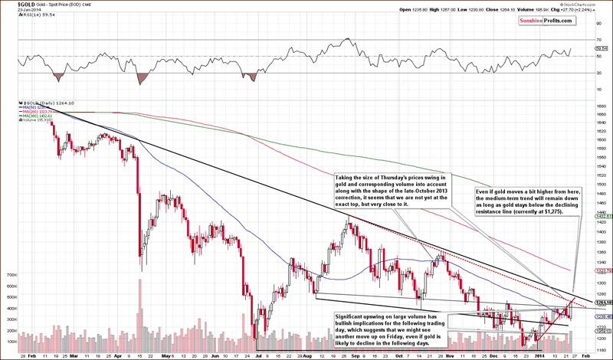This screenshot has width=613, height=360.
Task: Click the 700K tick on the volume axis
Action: coord(12,273)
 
